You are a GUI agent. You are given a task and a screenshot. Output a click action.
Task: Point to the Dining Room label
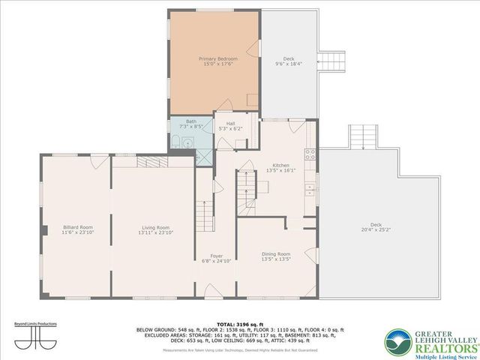(x=276, y=256)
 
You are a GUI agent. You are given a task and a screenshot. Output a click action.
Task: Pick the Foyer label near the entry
(x=217, y=258)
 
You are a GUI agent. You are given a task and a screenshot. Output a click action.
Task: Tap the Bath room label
(x=191, y=124)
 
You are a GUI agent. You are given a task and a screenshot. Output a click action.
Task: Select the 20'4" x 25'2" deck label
(x=376, y=228)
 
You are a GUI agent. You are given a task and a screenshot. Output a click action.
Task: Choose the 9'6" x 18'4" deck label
(x=289, y=61)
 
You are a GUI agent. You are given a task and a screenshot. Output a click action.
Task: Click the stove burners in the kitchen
(x=308, y=155)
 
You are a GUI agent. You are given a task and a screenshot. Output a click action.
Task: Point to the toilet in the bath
(x=175, y=143)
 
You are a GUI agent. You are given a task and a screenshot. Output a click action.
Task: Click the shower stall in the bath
(x=203, y=157)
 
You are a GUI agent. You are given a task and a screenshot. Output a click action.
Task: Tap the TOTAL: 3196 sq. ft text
(x=240, y=323)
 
